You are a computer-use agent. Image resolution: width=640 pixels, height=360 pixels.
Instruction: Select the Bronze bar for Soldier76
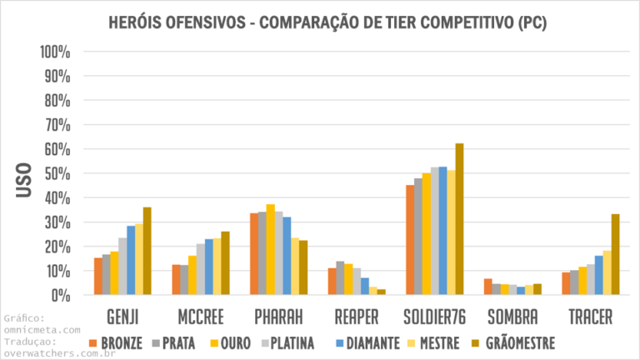(410, 240)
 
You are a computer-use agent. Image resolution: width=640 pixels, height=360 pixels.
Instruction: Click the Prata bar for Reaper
(340, 278)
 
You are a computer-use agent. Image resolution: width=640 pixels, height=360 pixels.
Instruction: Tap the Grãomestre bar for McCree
(225, 262)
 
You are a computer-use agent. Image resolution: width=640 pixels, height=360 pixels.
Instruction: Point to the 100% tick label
(56, 52)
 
